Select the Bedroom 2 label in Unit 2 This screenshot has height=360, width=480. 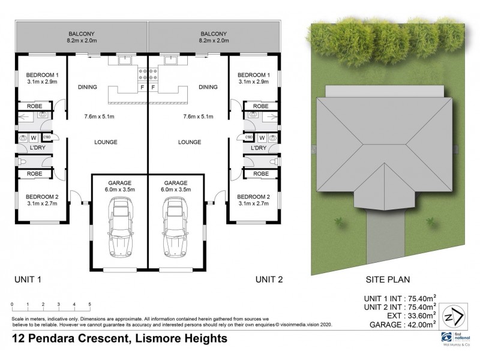point(253,196)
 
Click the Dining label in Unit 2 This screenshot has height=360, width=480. point(208,87)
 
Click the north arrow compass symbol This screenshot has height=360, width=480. point(454,317)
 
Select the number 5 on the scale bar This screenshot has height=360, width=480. point(89,305)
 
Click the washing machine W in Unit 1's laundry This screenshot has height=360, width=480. point(34,137)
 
